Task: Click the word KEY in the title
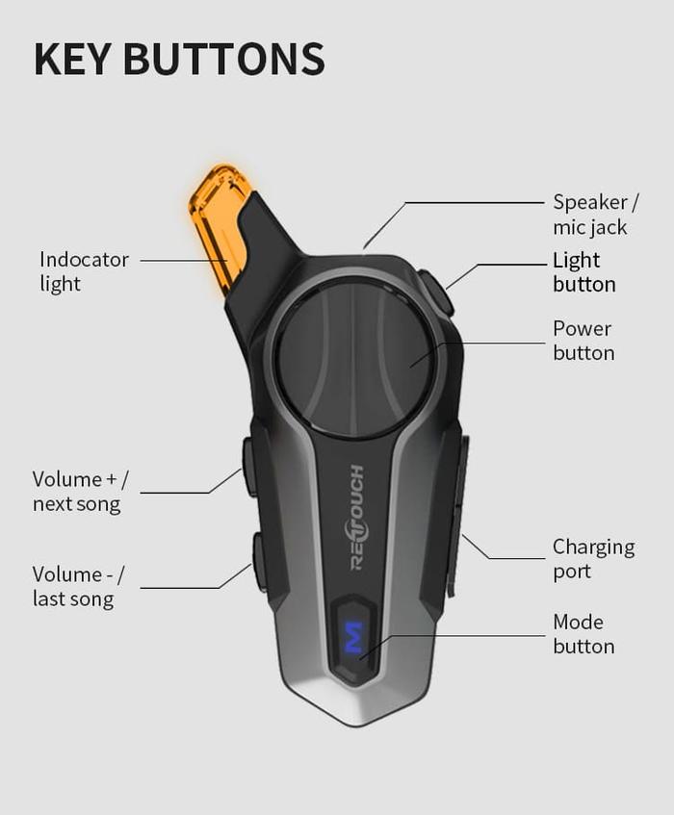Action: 73,59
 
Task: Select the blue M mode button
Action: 353,638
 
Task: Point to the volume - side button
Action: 259,562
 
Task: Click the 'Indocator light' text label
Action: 84,271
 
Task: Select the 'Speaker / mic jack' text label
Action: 595,215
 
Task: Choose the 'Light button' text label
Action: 583,272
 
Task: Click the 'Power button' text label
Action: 583,341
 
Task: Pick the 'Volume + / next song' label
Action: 80,491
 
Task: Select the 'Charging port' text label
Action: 593,559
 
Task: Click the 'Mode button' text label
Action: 583,633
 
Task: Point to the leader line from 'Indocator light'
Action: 183,260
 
